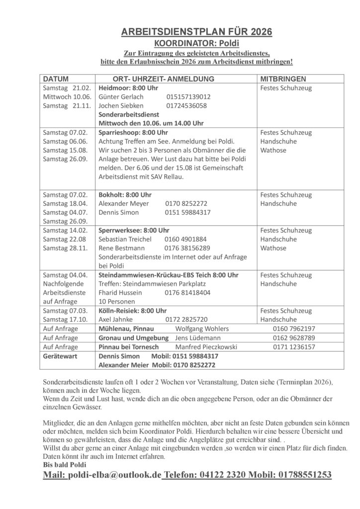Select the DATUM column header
56,79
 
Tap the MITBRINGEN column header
283,79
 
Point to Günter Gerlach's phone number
188,97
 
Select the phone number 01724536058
186,106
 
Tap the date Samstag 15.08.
65,150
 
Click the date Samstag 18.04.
65,203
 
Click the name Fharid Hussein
120,293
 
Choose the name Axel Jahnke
116,320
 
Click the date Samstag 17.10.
65,320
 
